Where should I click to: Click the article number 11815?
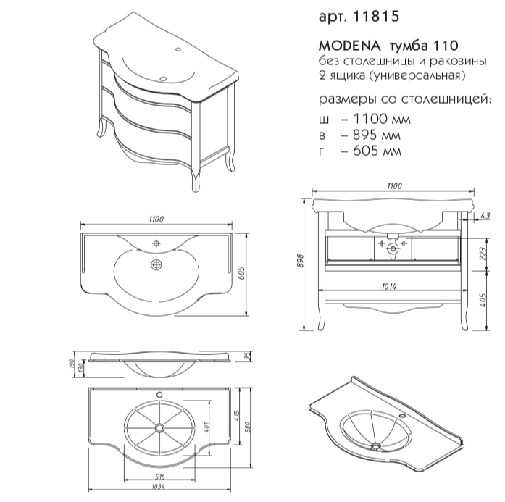[x=376, y=17]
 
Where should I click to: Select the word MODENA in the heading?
[x=350, y=46]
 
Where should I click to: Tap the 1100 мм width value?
[x=382, y=119]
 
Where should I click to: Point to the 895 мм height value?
[x=377, y=135]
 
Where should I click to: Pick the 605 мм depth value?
[x=377, y=151]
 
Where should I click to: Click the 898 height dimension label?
[x=300, y=262]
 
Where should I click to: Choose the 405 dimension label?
[x=483, y=299]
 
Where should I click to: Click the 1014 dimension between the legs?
[x=389, y=286]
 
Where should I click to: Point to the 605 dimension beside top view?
[x=242, y=273]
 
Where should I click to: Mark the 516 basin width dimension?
[x=159, y=476]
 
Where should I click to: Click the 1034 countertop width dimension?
[x=158, y=487]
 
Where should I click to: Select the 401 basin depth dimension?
[x=206, y=427]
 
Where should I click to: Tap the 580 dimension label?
[x=248, y=427]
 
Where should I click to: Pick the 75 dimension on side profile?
[x=248, y=356]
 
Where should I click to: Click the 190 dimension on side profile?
[x=72, y=364]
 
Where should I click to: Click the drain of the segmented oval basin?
[x=159, y=427]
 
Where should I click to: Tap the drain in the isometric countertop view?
[x=375, y=446]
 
